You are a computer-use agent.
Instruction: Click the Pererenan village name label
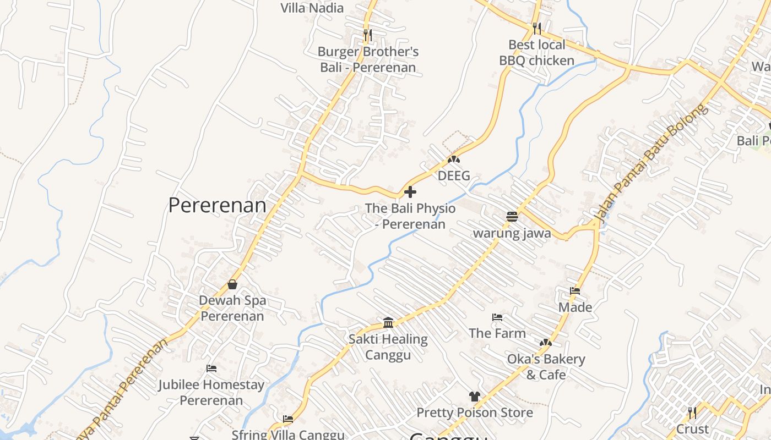click(x=217, y=205)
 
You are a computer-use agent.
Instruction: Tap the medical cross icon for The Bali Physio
click(x=410, y=192)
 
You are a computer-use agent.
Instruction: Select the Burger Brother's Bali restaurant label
click(x=368, y=59)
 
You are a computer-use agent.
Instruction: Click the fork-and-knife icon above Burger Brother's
click(x=368, y=35)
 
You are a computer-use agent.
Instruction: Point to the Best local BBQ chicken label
click(x=536, y=52)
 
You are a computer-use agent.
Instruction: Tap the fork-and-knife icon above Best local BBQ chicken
click(x=537, y=28)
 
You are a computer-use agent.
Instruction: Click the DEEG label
click(x=454, y=175)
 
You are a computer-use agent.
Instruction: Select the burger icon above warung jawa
click(x=512, y=216)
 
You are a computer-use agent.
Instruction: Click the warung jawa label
click(x=512, y=233)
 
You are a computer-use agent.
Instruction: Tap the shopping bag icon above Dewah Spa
click(x=232, y=284)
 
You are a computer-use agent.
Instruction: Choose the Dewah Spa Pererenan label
click(x=232, y=308)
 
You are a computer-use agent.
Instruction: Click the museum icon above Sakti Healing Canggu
click(x=388, y=322)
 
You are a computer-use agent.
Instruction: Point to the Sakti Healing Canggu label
click(x=388, y=346)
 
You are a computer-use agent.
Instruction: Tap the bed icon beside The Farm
click(x=497, y=317)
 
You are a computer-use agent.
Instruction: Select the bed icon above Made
click(x=575, y=290)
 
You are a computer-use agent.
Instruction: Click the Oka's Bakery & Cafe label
click(x=546, y=367)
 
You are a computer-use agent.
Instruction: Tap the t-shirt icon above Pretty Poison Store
click(x=475, y=396)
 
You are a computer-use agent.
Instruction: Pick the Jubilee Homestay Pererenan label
click(x=211, y=392)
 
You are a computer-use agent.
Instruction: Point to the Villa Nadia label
click(x=312, y=8)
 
